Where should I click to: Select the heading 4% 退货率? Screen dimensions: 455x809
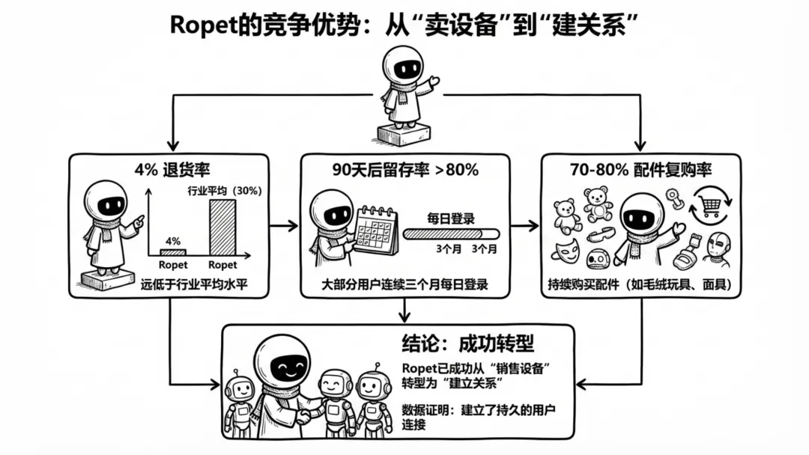pyautogui.click(x=168, y=169)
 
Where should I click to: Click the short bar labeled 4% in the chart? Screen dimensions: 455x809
pyautogui.click(x=173, y=253)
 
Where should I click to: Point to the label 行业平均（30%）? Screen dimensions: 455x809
pyautogui.click(x=224, y=190)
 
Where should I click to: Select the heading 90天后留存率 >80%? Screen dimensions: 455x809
pyautogui.click(x=405, y=169)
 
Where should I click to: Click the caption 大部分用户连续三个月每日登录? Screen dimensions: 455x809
pyautogui.click(x=404, y=284)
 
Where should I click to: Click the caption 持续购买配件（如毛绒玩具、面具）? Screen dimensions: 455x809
pyautogui.click(x=640, y=284)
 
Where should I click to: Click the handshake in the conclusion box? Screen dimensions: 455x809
pyautogui.click(x=306, y=413)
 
